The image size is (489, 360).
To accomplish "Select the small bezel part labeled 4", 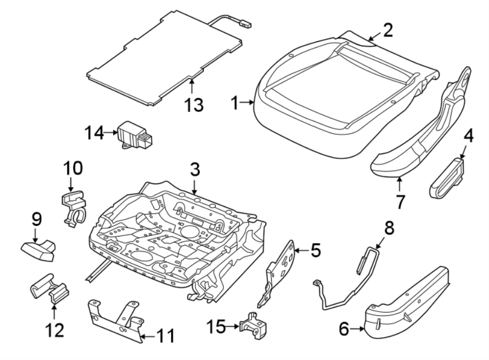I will click(x=449, y=178).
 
